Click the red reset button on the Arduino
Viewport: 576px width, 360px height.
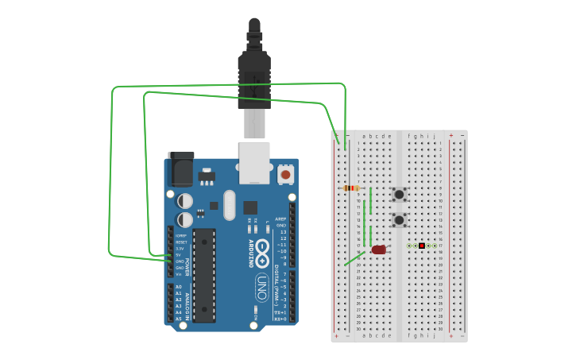(x=285, y=173)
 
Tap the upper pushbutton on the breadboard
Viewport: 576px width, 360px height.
(x=399, y=194)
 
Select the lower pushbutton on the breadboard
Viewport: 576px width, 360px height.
(x=399, y=219)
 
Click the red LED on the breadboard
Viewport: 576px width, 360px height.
(x=379, y=250)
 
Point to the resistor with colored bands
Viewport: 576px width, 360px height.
(x=350, y=188)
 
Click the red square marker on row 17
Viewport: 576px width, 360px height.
(x=422, y=246)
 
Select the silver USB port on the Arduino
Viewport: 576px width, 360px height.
(x=254, y=162)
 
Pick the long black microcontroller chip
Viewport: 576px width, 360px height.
(x=203, y=275)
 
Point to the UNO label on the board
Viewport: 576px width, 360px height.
(x=261, y=285)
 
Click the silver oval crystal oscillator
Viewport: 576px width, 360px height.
(x=230, y=204)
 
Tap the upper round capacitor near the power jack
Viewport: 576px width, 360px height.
(x=185, y=200)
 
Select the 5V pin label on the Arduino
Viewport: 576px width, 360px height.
(x=180, y=255)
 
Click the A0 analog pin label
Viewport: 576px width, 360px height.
(x=179, y=287)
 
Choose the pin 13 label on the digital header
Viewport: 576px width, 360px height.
(x=282, y=232)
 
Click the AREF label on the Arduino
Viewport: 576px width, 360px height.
(x=280, y=219)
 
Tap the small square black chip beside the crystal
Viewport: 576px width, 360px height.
(x=250, y=207)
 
